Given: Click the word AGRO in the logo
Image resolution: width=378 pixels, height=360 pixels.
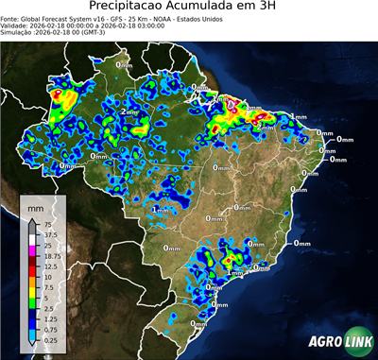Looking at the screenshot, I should point(322,341).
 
